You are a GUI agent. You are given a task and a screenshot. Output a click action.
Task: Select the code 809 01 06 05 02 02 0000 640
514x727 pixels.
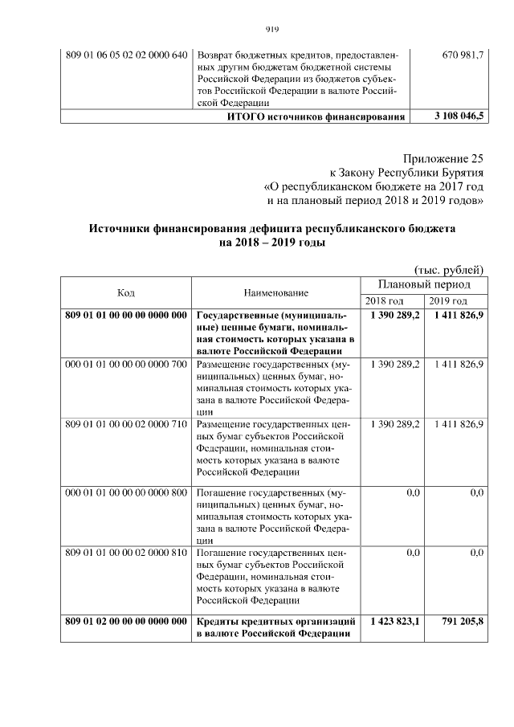click(x=126, y=55)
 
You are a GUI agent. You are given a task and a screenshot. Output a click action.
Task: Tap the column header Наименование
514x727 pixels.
click(x=276, y=292)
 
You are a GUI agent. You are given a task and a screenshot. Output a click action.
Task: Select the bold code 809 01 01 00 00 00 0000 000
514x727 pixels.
click(x=126, y=316)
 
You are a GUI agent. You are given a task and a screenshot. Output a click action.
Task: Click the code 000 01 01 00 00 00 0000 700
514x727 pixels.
click(x=126, y=365)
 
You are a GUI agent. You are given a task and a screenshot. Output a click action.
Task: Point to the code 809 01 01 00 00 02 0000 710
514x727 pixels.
click(x=126, y=423)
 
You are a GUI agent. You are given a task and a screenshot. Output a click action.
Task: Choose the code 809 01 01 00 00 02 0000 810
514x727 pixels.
click(x=126, y=553)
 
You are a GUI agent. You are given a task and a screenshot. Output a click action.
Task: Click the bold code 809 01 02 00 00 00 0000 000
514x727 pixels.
click(x=126, y=621)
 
